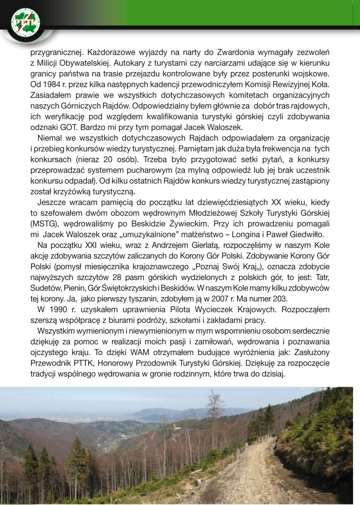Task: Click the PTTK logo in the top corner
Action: click(x=25, y=22)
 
